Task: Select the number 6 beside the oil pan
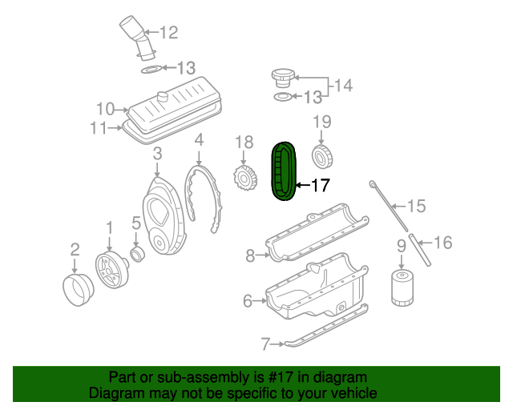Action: pos(248,301)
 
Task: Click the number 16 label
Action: pos(442,241)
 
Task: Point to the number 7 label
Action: pos(266,345)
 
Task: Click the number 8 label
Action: pos(250,256)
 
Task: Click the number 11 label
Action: pos(99,127)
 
